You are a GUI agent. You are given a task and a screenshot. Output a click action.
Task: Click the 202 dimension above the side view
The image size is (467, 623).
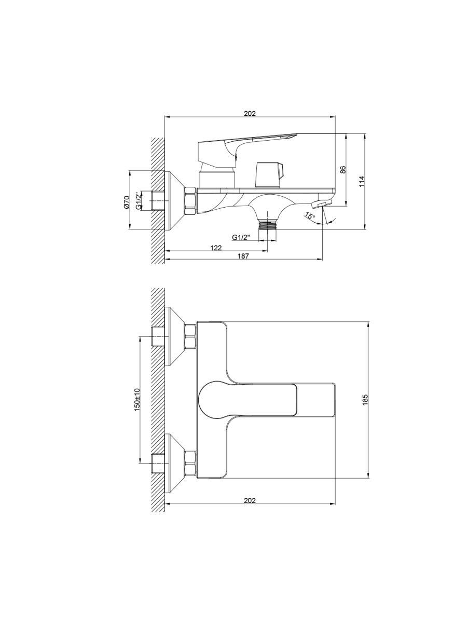coord(250,114)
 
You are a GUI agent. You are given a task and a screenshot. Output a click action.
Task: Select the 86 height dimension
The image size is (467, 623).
coord(343,170)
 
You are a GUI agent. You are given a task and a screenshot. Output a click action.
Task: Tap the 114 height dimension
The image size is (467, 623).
coord(362,181)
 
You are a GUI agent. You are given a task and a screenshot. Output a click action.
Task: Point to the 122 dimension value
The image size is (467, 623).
coord(216,248)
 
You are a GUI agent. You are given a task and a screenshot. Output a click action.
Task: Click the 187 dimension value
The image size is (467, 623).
coord(243,256)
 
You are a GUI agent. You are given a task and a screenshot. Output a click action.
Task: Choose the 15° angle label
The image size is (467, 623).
coord(310,215)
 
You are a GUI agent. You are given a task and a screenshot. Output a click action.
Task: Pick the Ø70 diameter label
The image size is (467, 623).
coord(127,202)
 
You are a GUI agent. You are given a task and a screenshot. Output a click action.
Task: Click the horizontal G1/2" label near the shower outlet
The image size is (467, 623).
coord(241,237)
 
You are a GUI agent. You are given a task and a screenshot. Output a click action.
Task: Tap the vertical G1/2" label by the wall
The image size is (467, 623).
coord(138,201)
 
